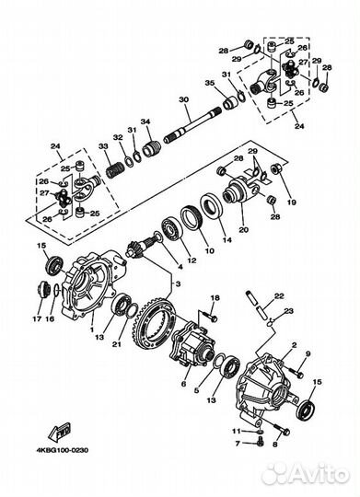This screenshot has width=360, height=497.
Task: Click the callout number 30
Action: [x=183, y=99]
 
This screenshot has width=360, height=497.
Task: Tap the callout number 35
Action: [x=209, y=83]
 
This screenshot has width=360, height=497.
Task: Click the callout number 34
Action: [x=145, y=122]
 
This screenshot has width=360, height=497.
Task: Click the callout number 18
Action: [x=215, y=299]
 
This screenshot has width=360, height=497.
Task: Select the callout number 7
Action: [x=237, y=442]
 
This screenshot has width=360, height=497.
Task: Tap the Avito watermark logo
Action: [x=303, y=472]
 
